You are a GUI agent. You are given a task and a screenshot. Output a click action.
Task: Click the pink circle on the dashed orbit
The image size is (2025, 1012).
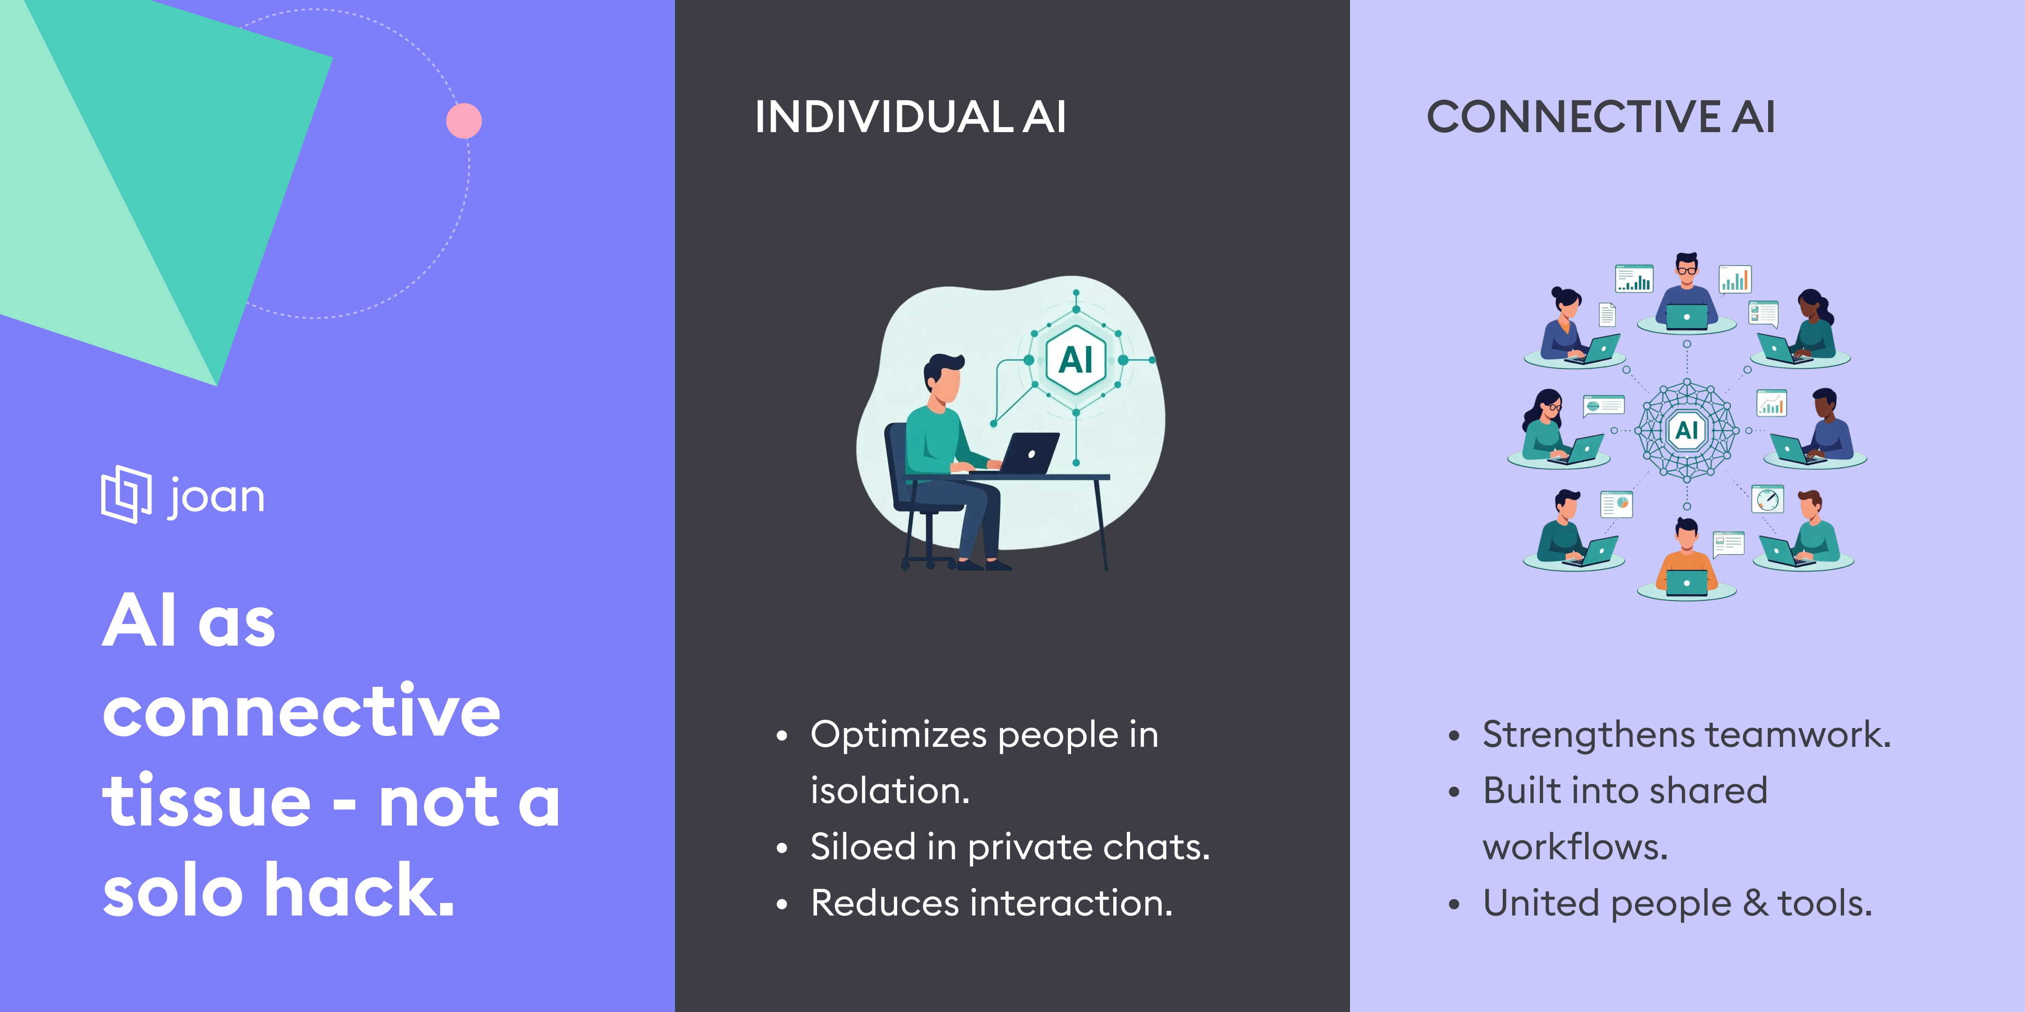(464, 120)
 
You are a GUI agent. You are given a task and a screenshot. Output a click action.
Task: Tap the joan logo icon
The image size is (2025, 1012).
(126, 494)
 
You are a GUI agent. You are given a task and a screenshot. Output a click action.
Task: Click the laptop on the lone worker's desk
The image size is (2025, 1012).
(1022, 454)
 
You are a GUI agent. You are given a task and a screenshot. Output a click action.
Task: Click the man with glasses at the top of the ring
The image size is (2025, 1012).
(1686, 290)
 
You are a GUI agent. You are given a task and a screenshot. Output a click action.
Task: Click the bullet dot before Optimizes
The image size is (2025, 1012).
(781, 736)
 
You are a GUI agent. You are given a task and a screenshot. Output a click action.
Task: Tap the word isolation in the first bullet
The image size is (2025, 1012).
(890, 790)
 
